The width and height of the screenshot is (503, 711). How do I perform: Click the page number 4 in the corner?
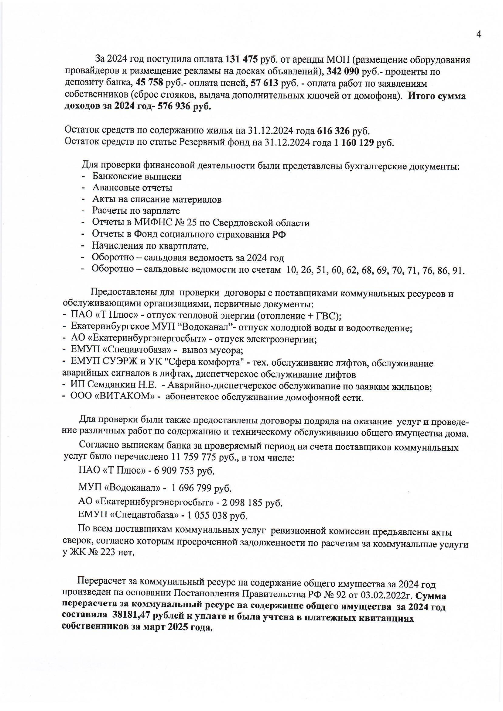point(478,35)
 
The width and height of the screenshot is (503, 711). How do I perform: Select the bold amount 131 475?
point(242,59)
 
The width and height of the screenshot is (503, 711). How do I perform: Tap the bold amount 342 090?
point(343,72)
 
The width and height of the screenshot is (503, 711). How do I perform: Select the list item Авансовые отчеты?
point(132,188)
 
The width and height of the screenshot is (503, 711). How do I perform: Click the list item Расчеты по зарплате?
point(136,211)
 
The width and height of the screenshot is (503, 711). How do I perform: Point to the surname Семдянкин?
point(114,386)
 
